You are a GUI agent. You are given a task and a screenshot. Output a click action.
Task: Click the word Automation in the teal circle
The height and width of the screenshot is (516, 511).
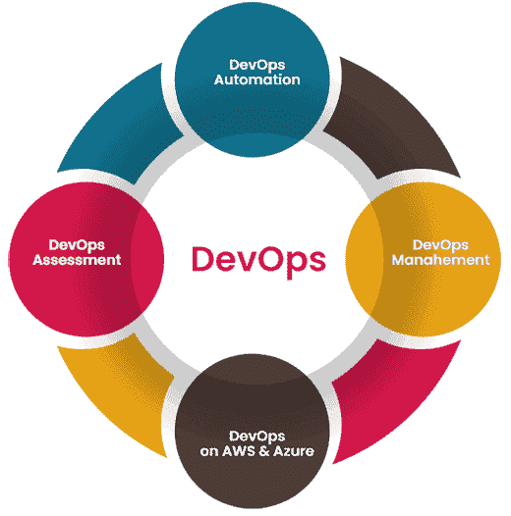click(256, 79)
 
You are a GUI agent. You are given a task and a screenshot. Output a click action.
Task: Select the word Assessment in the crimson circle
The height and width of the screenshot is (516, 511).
click(77, 260)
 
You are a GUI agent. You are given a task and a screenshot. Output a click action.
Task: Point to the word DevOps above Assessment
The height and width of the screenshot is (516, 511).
click(77, 244)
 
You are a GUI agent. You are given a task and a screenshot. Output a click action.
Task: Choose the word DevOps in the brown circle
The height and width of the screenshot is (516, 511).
click(256, 436)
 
